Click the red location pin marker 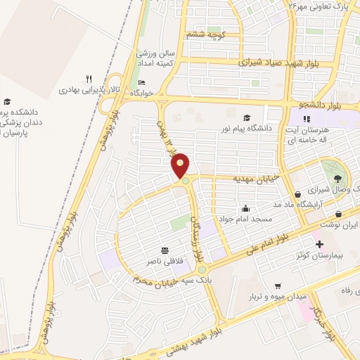[181, 166]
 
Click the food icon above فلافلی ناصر [165, 250]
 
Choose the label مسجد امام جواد [245, 219]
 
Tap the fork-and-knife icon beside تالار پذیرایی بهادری [88, 79]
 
